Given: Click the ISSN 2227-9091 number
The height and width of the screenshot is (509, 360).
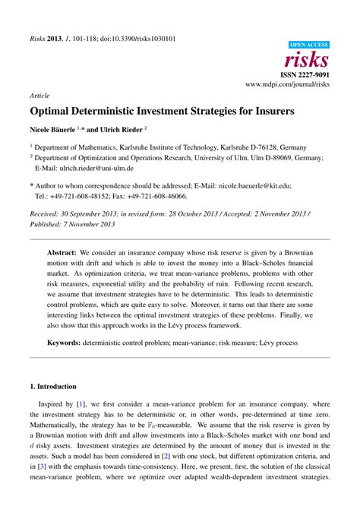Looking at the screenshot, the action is tap(307, 74).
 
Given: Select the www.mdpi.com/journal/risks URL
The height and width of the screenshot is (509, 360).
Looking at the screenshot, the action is tap(292, 84).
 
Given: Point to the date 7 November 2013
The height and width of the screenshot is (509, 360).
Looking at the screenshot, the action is tap(99, 224).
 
